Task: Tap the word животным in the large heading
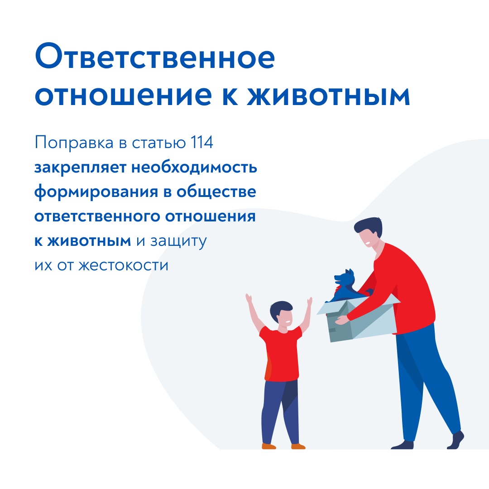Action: click(x=328, y=95)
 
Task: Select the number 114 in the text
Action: click(x=201, y=143)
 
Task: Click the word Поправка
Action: click(x=74, y=143)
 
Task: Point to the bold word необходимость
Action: click(x=194, y=168)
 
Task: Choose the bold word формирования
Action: click(x=96, y=192)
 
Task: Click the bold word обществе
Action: click(x=216, y=192)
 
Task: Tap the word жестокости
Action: click(x=123, y=266)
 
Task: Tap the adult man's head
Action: click(x=369, y=232)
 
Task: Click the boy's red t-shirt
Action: click(x=282, y=354)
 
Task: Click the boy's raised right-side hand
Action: click(x=309, y=302)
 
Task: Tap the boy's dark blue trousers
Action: click(x=281, y=412)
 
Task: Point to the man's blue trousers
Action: click(x=424, y=384)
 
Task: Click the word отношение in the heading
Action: click(x=123, y=95)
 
